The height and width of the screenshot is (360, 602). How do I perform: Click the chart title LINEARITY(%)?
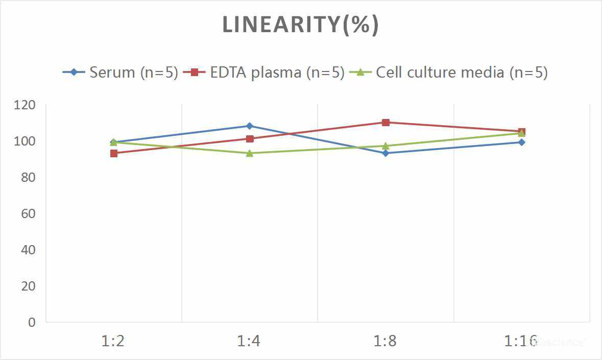(300, 25)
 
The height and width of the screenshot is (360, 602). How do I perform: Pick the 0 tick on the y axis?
(32, 322)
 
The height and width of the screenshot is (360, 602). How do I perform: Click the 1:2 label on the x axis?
(113, 341)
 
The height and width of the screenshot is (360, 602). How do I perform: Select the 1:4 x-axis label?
(249, 341)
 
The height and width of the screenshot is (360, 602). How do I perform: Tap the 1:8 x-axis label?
(386, 341)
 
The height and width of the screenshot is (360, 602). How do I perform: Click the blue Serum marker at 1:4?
(250, 126)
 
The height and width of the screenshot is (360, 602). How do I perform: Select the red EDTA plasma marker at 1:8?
(386, 123)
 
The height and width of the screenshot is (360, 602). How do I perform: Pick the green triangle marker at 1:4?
(250, 153)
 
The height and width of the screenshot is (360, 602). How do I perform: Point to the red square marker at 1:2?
(114, 153)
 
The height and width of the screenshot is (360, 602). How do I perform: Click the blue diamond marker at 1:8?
(386, 153)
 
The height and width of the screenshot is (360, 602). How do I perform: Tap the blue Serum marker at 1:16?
(521, 142)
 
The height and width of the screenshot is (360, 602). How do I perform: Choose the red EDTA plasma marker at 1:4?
(250, 138)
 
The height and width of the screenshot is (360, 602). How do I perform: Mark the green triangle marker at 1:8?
(386, 146)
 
